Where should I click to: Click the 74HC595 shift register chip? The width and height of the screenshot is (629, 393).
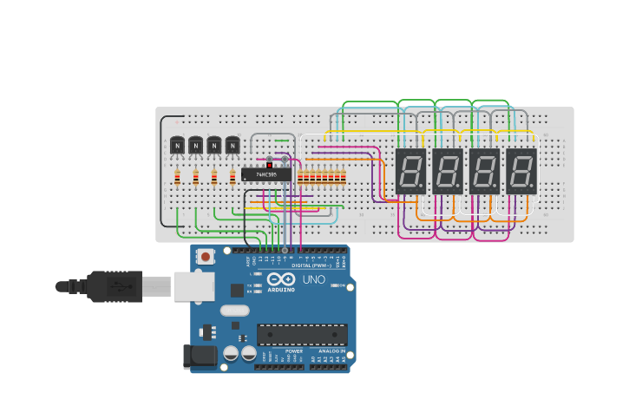[266, 174]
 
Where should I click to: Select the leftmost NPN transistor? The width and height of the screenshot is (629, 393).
[177, 145]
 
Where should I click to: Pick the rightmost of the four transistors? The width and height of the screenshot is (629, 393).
[233, 145]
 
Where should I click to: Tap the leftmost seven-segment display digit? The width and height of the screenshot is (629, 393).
[410, 171]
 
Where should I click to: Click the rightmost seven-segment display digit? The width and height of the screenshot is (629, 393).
[521, 171]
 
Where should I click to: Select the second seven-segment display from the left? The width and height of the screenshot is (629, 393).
[447, 171]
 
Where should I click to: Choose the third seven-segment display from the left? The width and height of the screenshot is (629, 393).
[484, 171]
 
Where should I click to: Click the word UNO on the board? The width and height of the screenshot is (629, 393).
[313, 280]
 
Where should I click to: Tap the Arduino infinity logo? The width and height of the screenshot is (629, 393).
[281, 279]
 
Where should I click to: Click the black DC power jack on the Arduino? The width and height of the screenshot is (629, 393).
[199, 357]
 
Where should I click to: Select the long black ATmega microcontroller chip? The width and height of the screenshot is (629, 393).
[302, 334]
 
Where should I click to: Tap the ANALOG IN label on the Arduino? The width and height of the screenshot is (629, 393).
[331, 351]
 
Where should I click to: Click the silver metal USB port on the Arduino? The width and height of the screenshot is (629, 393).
[193, 286]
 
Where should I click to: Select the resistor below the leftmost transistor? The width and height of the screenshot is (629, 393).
[177, 178]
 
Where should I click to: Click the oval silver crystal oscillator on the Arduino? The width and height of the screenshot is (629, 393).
[234, 311]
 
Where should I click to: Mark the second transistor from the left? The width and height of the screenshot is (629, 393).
[195, 145]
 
